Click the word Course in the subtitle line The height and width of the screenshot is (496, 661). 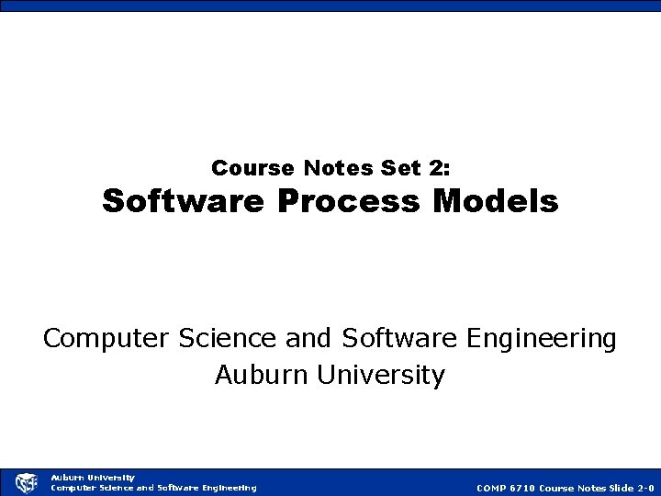click(x=241, y=168)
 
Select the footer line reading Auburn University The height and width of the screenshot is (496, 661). click(x=92, y=477)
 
